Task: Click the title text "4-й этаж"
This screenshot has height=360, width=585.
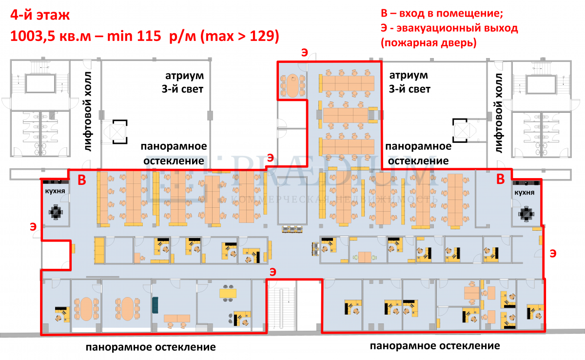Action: [39, 16]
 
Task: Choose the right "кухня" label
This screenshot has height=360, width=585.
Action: [524, 193]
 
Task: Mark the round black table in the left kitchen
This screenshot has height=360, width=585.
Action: [56, 212]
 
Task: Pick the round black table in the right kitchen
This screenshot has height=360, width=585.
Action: [526, 214]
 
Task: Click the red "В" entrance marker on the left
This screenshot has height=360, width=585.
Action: [82, 180]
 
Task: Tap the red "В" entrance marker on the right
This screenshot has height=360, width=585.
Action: [500, 180]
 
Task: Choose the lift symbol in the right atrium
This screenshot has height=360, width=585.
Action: [460, 130]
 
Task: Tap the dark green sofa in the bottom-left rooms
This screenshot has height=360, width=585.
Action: [156, 305]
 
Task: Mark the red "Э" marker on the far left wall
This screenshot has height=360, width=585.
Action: [32, 226]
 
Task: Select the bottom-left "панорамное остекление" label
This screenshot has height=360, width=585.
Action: [151, 347]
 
